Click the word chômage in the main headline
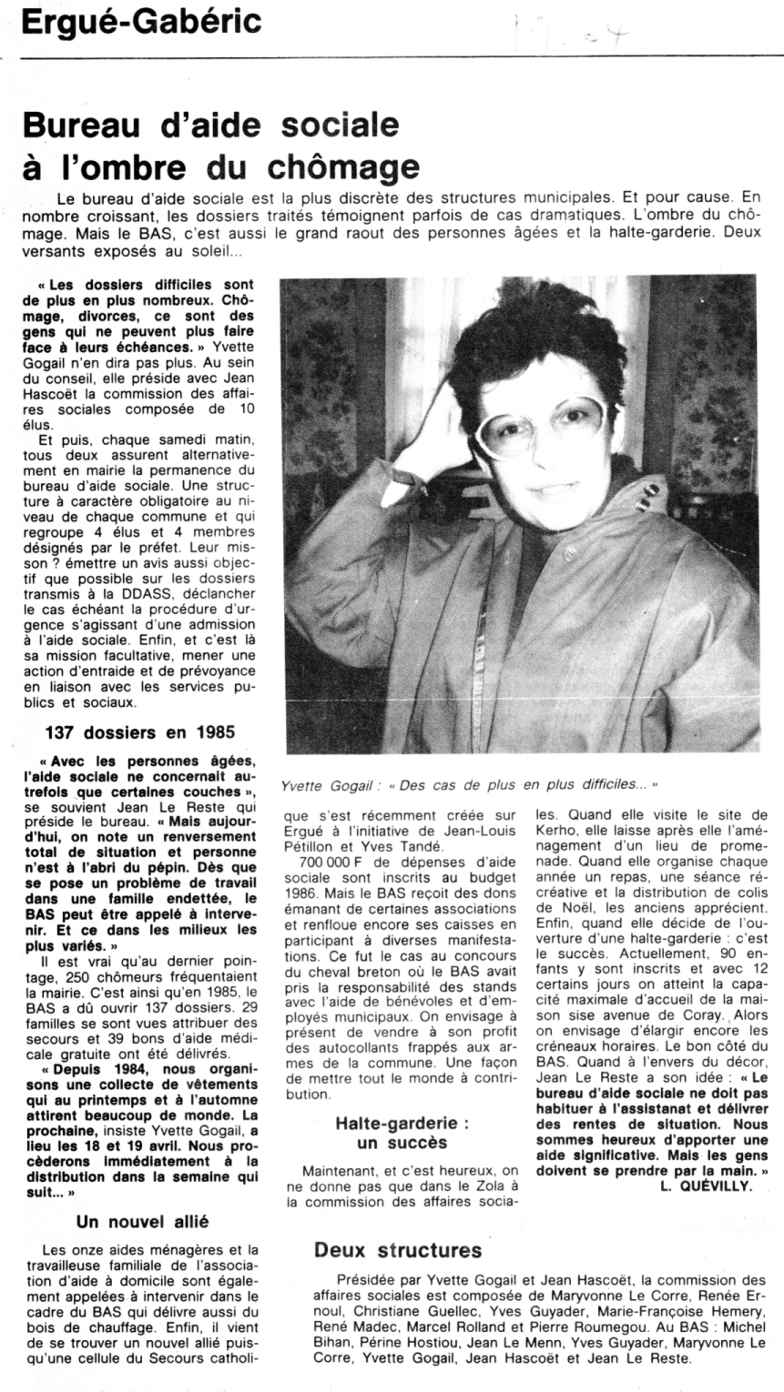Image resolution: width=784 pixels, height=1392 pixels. [345, 167]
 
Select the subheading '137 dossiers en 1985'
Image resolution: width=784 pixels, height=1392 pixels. [141, 731]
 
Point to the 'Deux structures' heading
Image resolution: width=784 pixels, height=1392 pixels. [398, 1251]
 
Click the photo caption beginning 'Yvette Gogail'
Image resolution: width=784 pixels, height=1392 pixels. [469, 782]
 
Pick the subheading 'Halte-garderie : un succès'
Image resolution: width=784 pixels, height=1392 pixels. [402, 1133]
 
